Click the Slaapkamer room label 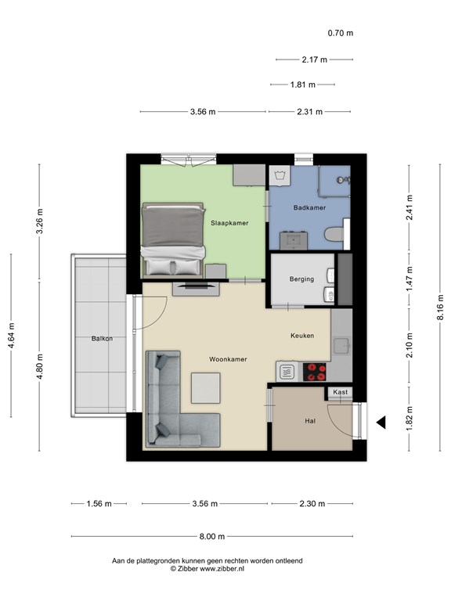click(x=229, y=223)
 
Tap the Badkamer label click(x=309, y=207)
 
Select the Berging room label click(x=301, y=279)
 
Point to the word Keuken click(x=302, y=336)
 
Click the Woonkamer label click(x=228, y=359)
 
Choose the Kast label click(x=340, y=392)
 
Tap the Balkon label click(x=102, y=338)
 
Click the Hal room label click(x=310, y=421)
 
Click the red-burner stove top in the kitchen click(x=315, y=372)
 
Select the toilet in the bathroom click(x=334, y=234)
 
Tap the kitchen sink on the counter click(x=341, y=346)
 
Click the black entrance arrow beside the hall click(x=381, y=423)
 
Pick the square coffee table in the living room click(x=206, y=388)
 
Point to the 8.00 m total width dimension click(x=212, y=536)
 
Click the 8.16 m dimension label click(x=440, y=308)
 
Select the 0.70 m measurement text click(x=340, y=33)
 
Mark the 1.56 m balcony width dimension click(x=99, y=503)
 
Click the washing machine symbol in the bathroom click(x=280, y=176)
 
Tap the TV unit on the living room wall click(x=196, y=289)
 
